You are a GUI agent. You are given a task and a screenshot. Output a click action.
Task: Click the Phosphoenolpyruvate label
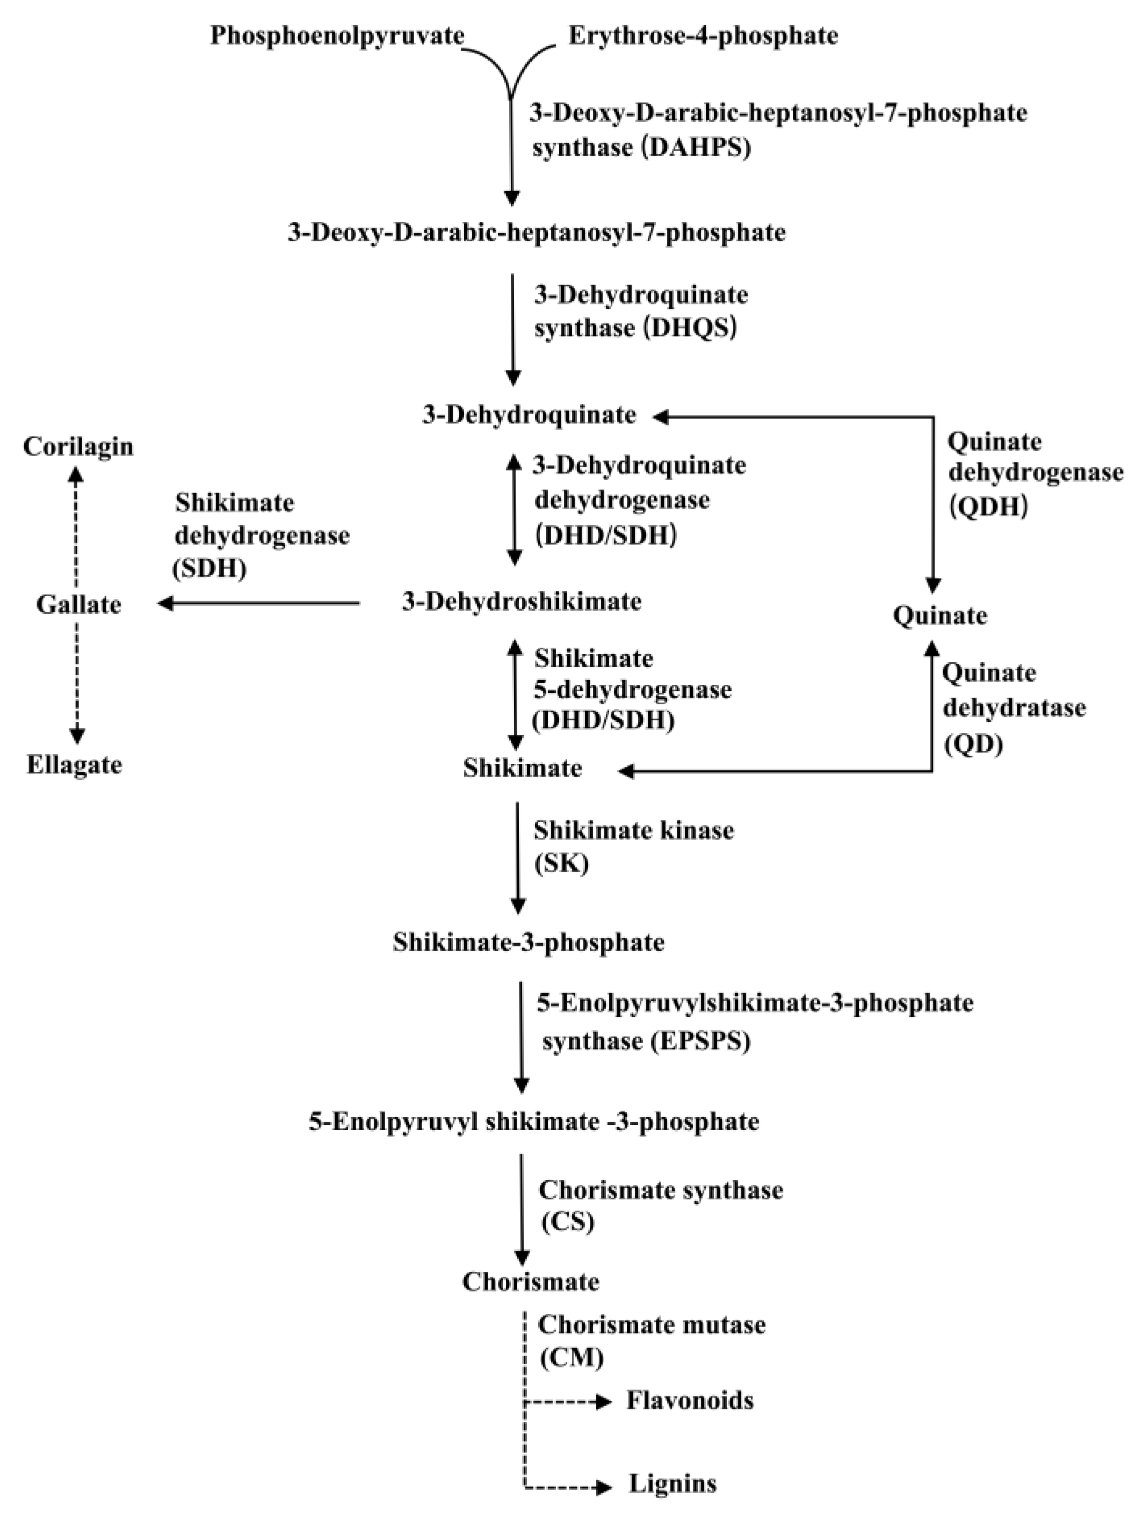337,36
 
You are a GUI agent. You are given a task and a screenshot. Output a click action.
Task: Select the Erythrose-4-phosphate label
703,36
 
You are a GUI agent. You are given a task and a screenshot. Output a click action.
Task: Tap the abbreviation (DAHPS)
696,148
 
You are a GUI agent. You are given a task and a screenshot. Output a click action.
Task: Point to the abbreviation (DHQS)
691,328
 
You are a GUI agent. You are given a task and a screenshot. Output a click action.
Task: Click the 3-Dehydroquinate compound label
529,415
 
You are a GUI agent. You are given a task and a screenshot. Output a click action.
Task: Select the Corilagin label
78,447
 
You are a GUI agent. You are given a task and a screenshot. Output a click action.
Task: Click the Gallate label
78,605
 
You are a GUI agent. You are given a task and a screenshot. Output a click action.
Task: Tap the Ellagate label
74,764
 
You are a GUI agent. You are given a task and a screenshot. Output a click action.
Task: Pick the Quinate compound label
939,615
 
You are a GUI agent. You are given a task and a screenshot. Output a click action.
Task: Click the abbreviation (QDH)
988,506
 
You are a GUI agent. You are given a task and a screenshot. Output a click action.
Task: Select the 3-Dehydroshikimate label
522,602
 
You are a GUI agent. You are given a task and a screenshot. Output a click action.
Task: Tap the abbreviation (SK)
561,863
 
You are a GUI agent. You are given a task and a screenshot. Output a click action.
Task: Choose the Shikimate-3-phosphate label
529,942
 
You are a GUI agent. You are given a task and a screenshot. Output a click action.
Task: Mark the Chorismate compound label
530,1282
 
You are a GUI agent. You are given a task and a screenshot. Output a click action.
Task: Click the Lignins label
672,1483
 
